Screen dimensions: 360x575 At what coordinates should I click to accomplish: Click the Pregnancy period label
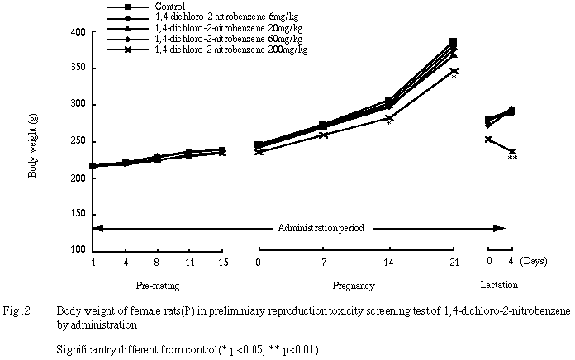(354, 286)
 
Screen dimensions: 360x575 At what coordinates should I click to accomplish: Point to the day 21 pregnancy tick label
(453, 263)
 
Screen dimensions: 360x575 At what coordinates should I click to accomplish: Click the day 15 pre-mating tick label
(221, 263)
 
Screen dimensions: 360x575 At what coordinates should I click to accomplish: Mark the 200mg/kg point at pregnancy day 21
(453, 71)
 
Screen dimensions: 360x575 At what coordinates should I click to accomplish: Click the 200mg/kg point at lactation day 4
(512, 151)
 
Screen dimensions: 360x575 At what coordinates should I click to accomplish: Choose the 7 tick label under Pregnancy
(323, 263)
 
